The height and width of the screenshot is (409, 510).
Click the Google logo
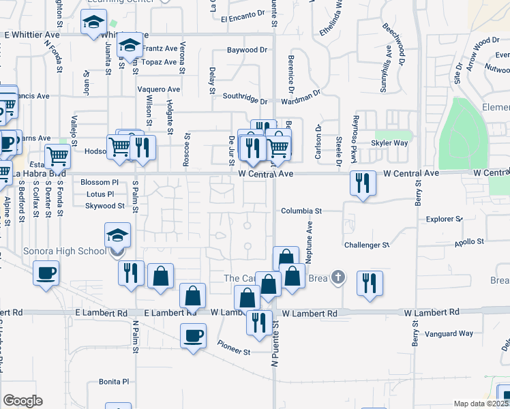coord(22,401)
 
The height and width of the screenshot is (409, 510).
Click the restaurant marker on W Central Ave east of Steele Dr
coord(362,183)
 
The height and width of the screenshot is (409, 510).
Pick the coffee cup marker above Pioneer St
coord(193,335)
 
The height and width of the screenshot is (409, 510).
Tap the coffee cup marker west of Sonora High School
coord(46,273)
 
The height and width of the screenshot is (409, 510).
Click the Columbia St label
coord(301,211)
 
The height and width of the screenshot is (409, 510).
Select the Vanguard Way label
coord(449,334)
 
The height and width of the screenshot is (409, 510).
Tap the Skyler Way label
coord(389,144)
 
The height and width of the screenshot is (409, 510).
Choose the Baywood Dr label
coord(247,50)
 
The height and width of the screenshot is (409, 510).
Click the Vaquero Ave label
coord(158,89)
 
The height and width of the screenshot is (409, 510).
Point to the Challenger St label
coord(366,245)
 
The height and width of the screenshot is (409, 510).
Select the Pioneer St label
coord(234,352)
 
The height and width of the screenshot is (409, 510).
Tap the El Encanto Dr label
coord(242,14)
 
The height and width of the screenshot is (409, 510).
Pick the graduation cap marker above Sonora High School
coord(117,236)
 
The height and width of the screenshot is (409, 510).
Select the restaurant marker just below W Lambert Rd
coord(258,322)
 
